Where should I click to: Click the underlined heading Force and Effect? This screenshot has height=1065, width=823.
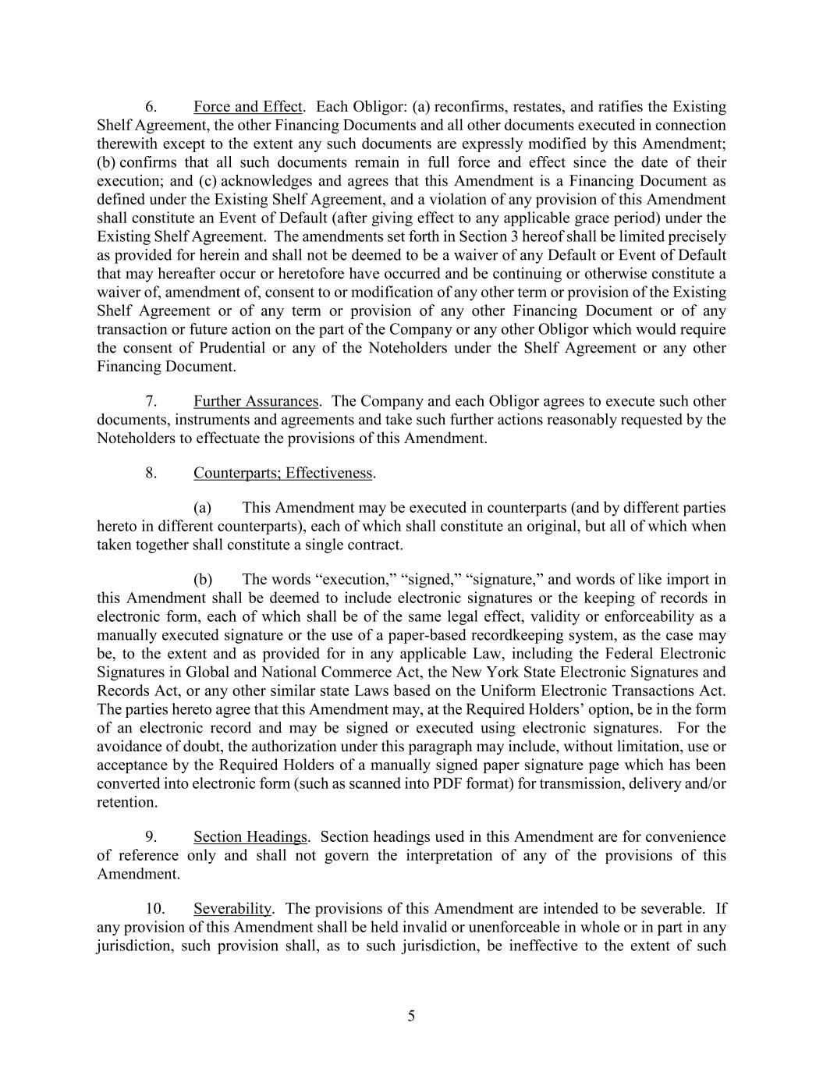(x=247, y=107)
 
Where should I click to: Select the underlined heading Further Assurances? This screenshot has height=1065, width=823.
(x=256, y=401)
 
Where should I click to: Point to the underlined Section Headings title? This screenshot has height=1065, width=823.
(x=250, y=837)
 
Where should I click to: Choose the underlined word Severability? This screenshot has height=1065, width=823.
(x=232, y=909)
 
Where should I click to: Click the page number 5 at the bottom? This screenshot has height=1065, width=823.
(x=411, y=1016)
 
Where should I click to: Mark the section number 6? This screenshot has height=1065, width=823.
(x=152, y=107)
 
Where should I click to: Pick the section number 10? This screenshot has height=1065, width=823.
(x=155, y=909)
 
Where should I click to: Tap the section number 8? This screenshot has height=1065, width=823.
(x=152, y=473)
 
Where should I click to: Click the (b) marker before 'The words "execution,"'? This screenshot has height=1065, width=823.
(x=203, y=579)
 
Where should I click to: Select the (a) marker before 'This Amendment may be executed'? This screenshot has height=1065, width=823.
(x=203, y=508)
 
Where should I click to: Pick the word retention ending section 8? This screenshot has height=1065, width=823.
(x=126, y=802)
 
